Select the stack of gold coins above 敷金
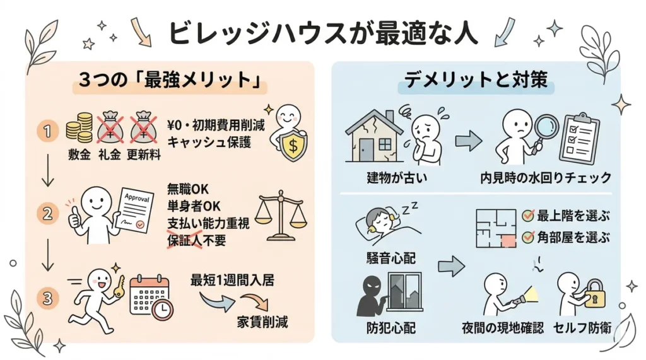pyautogui.click(x=79, y=128)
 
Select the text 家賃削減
pyautogui.click(x=262, y=322)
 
